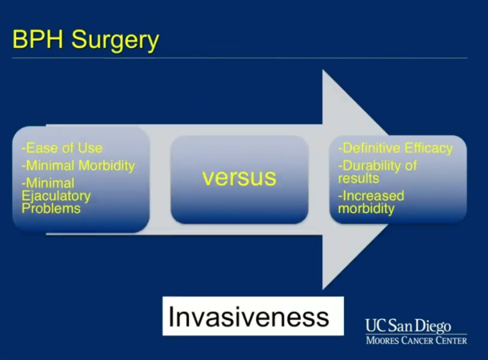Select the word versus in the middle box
pos(238,177)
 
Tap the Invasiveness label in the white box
pos(249,317)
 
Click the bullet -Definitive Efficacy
pos(395,148)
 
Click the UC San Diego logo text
pos(408,326)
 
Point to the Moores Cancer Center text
pos(416,341)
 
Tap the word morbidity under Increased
pos(366,208)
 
